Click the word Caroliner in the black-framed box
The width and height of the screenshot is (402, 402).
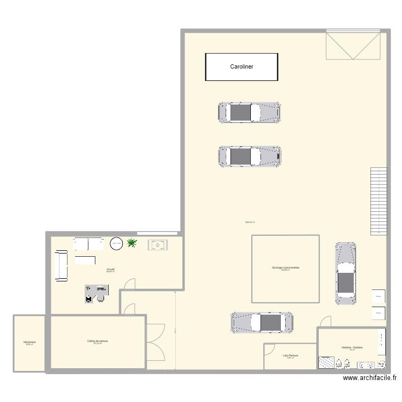point(242,67)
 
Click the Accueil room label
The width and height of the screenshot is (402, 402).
point(110,270)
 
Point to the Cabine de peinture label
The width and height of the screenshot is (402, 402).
point(98,341)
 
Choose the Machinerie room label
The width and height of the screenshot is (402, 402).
point(29,342)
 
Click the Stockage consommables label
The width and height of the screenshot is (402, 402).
point(285,267)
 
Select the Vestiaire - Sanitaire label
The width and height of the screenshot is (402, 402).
point(352,348)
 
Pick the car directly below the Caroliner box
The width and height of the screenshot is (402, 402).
point(249,113)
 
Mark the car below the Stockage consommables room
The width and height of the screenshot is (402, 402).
point(262,323)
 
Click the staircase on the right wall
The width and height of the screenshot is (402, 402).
point(378,201)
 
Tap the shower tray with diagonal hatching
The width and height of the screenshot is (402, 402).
point(326,363)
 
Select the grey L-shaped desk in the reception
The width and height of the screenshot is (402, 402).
point(97,293)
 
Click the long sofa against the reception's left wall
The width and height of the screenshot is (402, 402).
point(60,265)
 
